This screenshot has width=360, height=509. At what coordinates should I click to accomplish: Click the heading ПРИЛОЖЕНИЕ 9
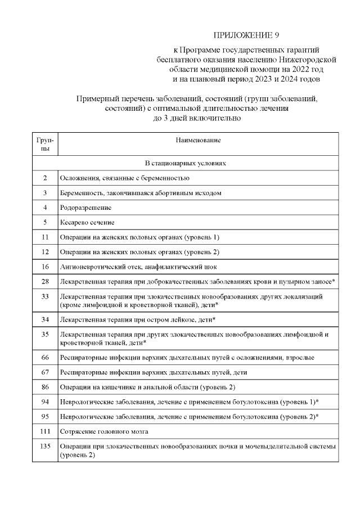click(247, 35)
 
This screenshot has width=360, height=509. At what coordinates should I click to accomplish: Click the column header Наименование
click(198, 139)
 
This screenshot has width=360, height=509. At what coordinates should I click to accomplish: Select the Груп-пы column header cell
click(44, 143)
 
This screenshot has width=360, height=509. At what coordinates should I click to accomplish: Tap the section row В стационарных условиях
click(185, 163)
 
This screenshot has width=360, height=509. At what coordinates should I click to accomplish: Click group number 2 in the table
click(45, 178)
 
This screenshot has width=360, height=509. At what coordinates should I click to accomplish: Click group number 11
click(45, 237)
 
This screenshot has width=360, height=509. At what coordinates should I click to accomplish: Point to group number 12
click(45, 251)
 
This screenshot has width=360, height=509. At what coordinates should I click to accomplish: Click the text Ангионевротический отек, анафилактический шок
click(138, 266)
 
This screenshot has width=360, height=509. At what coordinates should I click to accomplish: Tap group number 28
click(45, 281)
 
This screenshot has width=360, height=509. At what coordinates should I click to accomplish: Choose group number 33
click(45, 296)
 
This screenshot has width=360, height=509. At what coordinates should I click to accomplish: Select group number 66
click(45, 357)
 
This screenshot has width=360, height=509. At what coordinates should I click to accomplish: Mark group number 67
click(45, 372)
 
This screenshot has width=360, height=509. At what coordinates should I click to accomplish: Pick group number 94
click(45, 402)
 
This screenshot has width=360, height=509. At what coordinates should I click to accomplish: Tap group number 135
click(45, 446)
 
